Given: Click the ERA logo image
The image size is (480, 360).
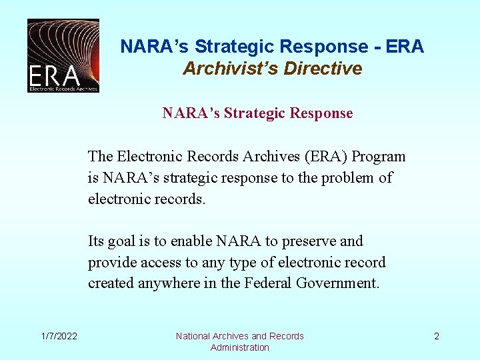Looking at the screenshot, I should (x=63, y=55).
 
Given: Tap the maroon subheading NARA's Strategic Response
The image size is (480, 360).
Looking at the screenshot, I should (x=257, y=113).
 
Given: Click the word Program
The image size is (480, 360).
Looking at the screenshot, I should (x=379, y=157).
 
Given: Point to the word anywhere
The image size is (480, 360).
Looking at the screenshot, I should (x=175, y=283).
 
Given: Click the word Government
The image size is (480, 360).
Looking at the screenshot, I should (x=339, y=283).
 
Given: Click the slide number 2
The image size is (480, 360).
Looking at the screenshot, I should (x=437, y=336).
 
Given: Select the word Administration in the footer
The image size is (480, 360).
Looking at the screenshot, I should (x=240, y=347).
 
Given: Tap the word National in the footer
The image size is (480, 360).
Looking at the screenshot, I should (x=193, y=336).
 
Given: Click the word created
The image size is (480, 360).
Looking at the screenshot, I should (x=111, y=283).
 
